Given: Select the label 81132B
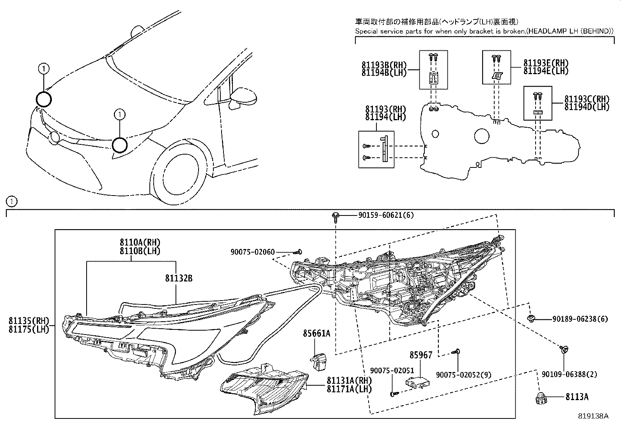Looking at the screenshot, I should pyautogui.click(x=179, y=278).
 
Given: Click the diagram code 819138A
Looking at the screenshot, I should pyautogui.click(x=593, y=416).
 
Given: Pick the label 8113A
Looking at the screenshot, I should pyautogui.click(x=577, y=397).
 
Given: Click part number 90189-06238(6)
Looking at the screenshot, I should pyautogui.click(x=580, y=319).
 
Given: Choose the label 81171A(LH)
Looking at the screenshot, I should pyautogui.click(x=349, y=389).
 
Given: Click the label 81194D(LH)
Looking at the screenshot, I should pyautogui.click(x=587, y=107).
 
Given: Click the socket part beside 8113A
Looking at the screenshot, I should pyautogui.click(x=541, y=398).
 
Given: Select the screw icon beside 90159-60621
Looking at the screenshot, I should pyautogui.click(x=335, y=216).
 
